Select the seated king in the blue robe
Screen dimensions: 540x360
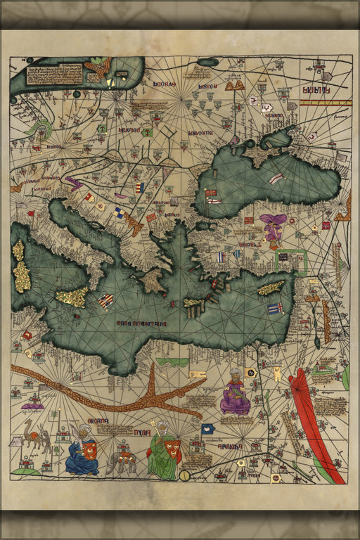(x=82, y=451)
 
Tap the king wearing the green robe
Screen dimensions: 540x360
(x=162, y=452)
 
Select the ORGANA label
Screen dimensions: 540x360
(x=98, y=421)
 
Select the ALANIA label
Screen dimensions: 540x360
(x=317, y=90)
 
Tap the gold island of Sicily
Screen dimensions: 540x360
(x=72, y=297)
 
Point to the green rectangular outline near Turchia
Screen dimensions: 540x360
(x=290, y=261)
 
